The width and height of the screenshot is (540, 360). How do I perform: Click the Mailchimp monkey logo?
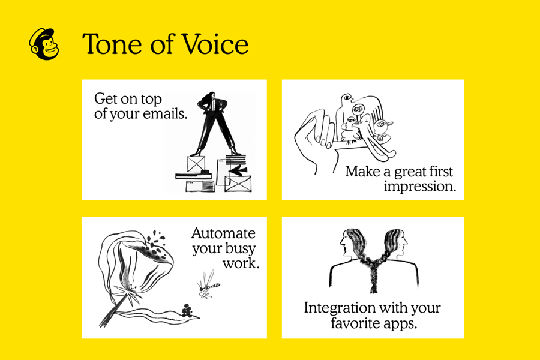pyautogui.click(x=44, y=44)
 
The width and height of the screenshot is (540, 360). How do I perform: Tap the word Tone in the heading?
pyautogui.click(x=109, y=44)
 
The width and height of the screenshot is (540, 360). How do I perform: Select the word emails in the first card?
pyautogui.click(x=163, y=113)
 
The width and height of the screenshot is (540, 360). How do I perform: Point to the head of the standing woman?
pyautogui.click(x=211, y=97)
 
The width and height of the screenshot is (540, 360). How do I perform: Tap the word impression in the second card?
pyautogui.click(x=419, y=187)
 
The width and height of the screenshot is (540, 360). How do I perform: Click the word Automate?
pyautogui.click(x=223, y=233)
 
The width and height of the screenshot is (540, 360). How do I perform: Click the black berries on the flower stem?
pyautogui.click(x=188, y=310)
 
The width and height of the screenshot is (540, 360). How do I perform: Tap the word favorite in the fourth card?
pyautogui.click(x=356, y=324)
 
